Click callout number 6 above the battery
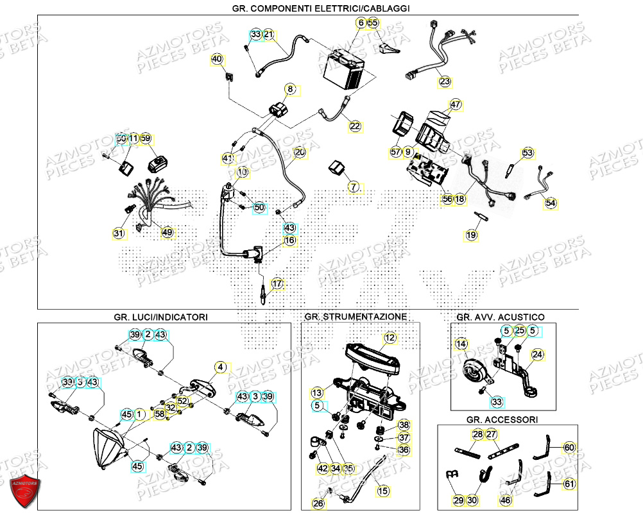[x=361, y=23]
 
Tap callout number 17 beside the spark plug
[x=277, y=283]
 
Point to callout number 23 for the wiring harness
[x=445, y=82]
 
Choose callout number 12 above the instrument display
[x=390, y=337]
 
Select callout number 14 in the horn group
[x=461, y=344]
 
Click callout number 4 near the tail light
[x=221, y=367]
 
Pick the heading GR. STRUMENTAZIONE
[x=356, y=317]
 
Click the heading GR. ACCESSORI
[x=502, y=419]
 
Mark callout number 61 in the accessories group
[x=569, y=484]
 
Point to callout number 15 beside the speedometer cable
[x=382, y=491]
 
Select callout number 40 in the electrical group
[x=217, y=60]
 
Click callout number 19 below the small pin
[x=472, y=235]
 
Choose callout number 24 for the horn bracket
[x=537, y=353]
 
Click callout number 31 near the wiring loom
[x=118, y=233]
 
